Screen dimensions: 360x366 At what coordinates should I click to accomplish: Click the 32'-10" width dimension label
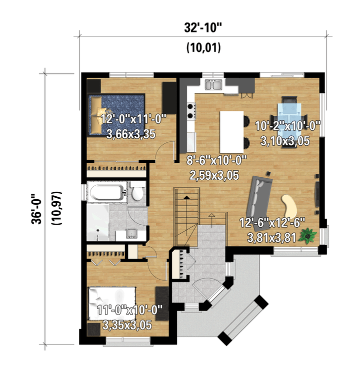203,28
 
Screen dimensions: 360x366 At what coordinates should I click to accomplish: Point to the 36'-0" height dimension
36,209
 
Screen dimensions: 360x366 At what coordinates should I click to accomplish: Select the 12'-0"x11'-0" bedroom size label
133,119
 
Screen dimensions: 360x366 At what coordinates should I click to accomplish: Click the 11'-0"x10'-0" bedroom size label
129,310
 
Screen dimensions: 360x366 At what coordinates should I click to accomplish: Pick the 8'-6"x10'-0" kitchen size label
216,161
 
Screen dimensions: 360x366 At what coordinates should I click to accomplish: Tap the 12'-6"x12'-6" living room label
272,223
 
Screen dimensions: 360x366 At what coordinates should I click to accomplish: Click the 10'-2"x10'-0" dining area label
287,126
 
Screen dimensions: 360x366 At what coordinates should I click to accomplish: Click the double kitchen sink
213,85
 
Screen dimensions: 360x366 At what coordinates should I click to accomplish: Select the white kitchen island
231,132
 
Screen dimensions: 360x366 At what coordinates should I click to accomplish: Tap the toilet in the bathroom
137,191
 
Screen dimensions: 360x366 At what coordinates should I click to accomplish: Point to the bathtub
107,192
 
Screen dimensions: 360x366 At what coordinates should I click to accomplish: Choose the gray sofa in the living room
259,197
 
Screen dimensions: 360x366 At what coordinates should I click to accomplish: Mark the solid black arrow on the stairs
186,197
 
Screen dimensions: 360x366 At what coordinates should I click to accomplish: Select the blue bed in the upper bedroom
116,115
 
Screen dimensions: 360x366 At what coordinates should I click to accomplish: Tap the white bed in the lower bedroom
112,304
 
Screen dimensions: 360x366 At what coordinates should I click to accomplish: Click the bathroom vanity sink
131,234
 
